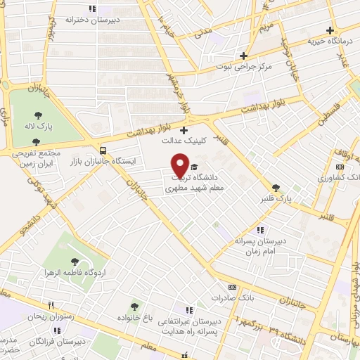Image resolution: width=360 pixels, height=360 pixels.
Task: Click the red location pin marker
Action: pos(180,166)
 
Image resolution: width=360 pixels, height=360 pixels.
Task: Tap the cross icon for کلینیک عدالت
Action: pos(184,130)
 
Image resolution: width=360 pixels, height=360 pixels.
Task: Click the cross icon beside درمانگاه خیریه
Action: pos(329,30)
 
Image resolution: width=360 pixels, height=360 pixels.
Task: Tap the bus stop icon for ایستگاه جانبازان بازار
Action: pos(103,150)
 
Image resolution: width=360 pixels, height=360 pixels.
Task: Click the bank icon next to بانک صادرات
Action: pos(233,287)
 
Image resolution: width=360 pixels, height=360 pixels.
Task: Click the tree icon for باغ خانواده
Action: pos(134,307)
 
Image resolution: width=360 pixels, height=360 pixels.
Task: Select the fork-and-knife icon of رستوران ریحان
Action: pos(50,305)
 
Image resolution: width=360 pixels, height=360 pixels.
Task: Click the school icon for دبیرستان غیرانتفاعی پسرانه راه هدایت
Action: pos(188,309)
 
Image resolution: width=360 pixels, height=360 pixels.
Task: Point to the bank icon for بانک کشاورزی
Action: pos(340,167)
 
